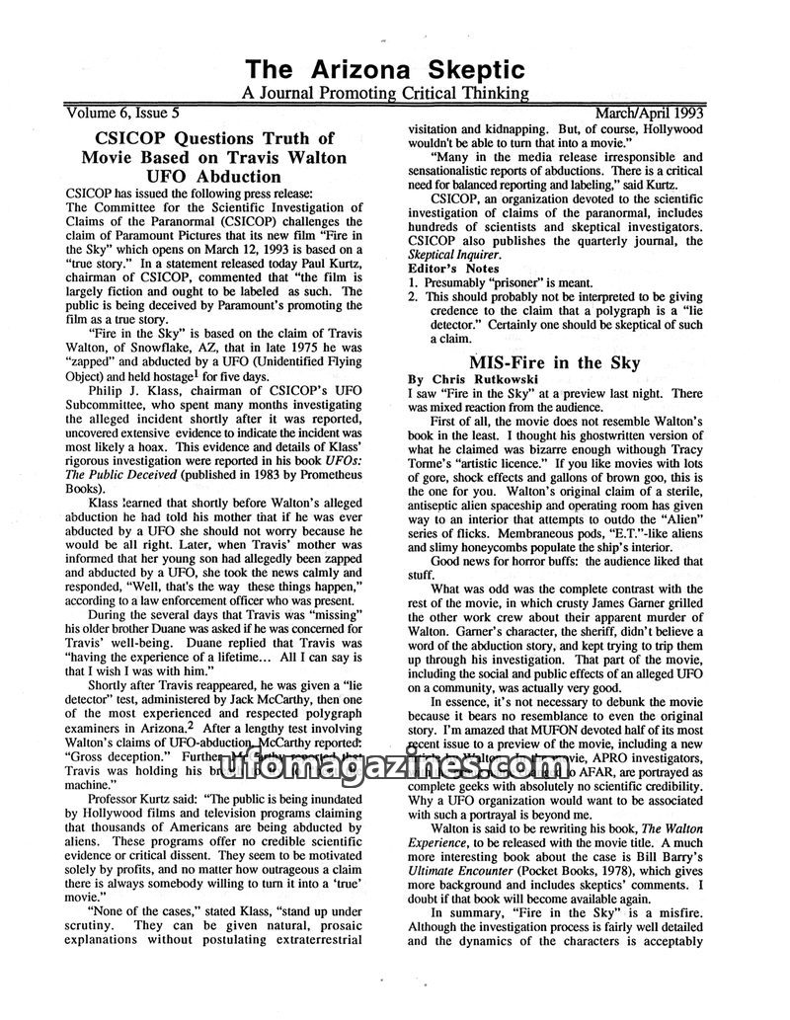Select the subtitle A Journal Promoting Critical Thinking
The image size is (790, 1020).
click(x=385, y=94)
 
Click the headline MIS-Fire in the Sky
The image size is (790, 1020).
click(x=554, y=362)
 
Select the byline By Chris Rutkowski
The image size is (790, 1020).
click(x=470, y=379)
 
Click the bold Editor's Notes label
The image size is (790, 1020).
click(x=455, y=268)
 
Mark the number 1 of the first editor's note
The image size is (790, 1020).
click(x=413, y=282)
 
